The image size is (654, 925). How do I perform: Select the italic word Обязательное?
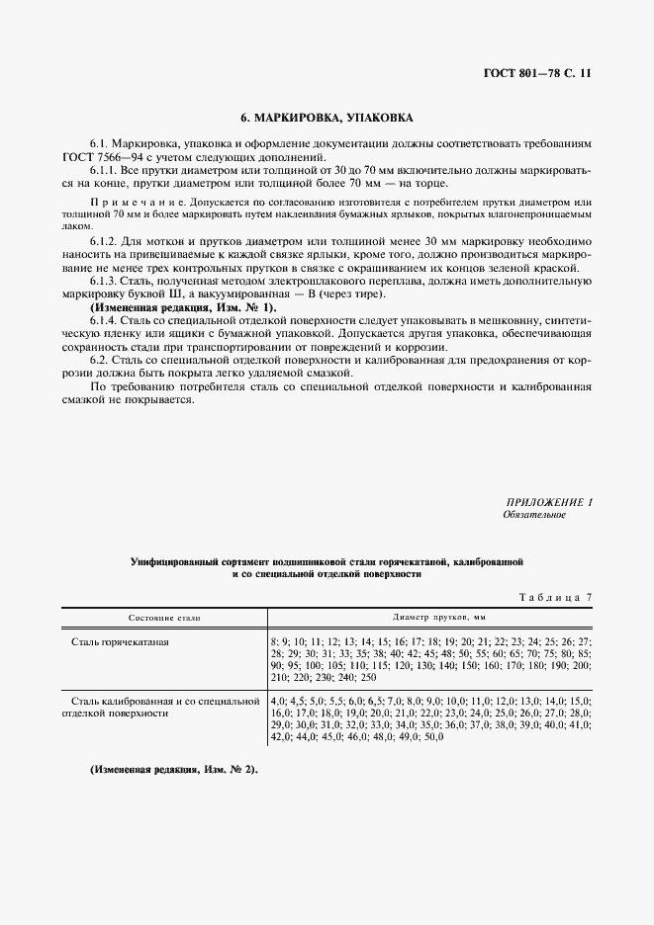(x=533, y=515)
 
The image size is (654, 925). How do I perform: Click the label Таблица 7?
(x=554, y=597)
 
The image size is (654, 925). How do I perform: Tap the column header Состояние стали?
(x=163, y=617)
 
